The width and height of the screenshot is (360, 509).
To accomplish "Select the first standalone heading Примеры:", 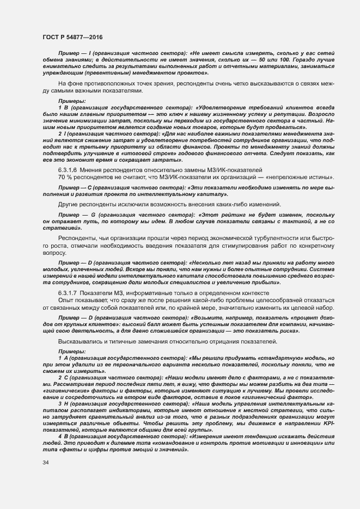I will (71, 101).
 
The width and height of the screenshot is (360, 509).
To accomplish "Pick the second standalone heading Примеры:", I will (71, 351).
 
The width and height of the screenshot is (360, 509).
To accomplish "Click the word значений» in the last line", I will (173, 450).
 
